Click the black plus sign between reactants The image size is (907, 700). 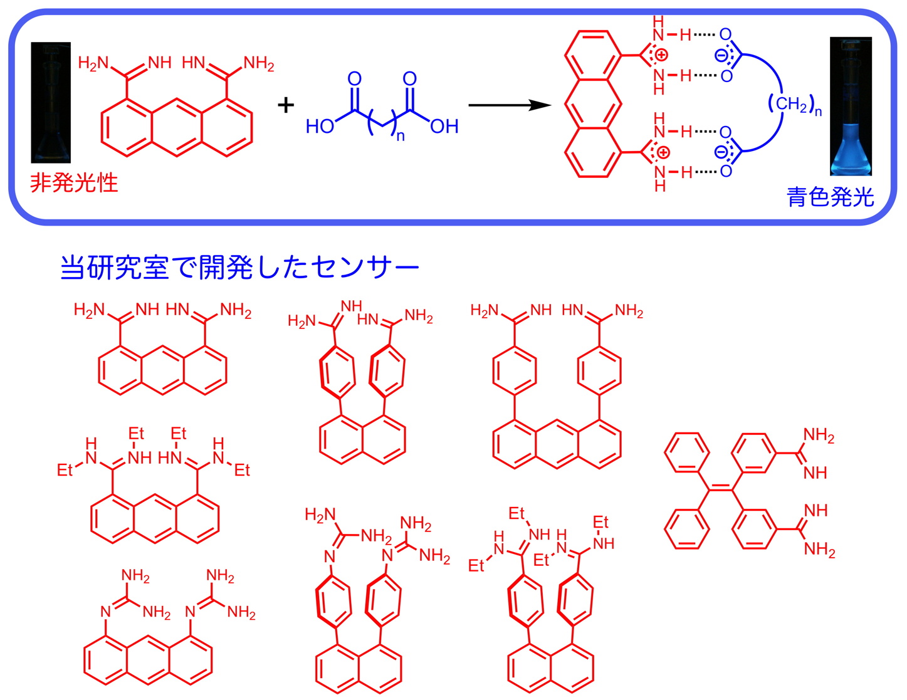coord(286,105)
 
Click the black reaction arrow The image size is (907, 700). coord(508,105)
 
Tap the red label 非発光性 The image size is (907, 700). coord(74,182)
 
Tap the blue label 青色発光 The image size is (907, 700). coord(830,197)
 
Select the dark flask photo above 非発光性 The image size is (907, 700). coord(51,103)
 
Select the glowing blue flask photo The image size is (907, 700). coord(851,107)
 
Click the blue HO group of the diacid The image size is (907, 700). coord(320,127)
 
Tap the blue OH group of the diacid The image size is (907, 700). coord(444,127)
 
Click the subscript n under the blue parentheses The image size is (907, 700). coord(400,136)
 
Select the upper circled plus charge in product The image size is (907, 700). coord(661,55)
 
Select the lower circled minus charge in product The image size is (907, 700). coord(721,152)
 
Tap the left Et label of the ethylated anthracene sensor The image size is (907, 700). coord(65,470)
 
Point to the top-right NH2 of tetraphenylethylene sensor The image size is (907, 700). coord(819,436)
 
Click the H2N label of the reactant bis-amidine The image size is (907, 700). coord(93,63)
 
